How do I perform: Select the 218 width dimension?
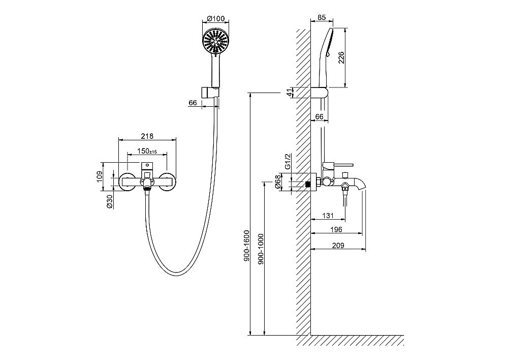coord(147,136)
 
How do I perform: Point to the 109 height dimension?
coord(100,176)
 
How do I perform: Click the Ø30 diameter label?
coord(109,202)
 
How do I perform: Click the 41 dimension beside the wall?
coord(289,93)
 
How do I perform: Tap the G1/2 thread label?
coord(287,162)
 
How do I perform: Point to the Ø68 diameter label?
coord(277,183)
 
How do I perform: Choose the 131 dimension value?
coord(328,216)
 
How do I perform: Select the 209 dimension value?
coord(337,246)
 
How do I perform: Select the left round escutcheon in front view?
coord(127,182)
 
